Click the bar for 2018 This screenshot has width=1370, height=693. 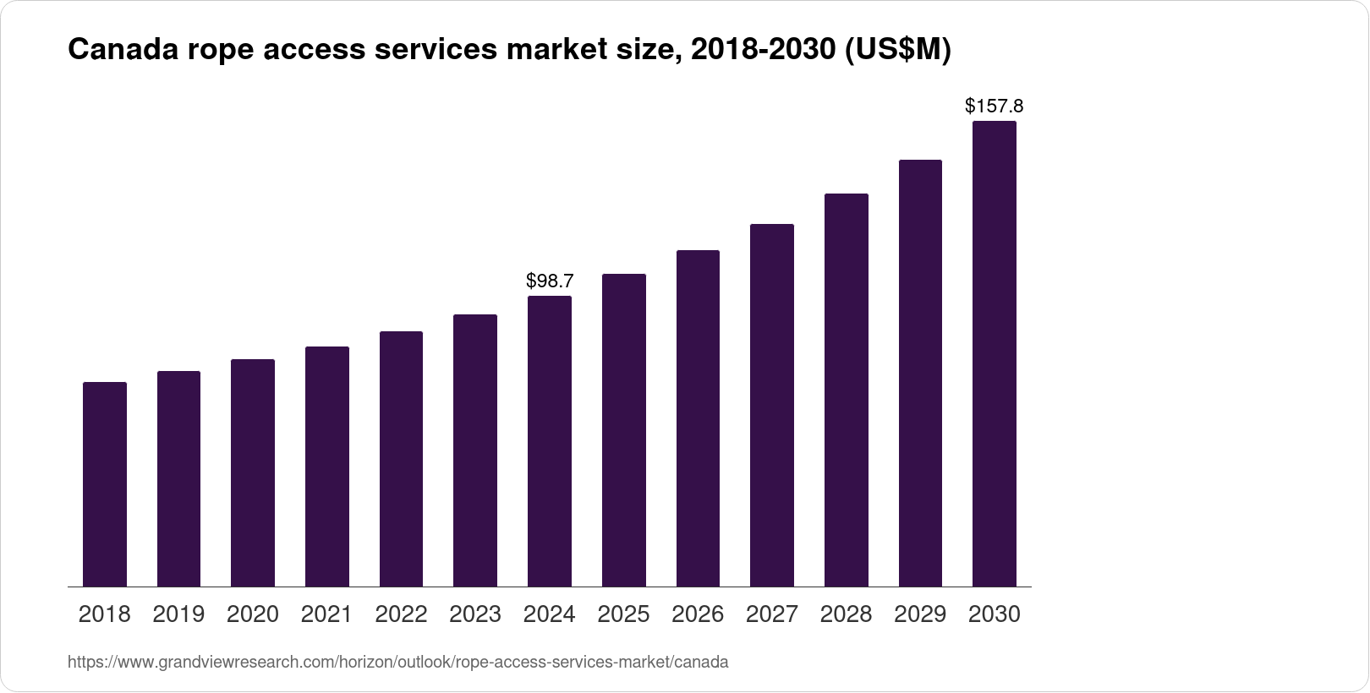pyautogui.click(x=105, y=484)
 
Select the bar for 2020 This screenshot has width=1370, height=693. pyautogui.click(x=253, y=473)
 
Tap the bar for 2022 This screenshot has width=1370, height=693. pyautogui.click(x=401, y=459)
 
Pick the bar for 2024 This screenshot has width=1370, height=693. pyautogui.click(x=550, y=441)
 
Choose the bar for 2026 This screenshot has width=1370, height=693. pyautogui.click(x=698, y=418)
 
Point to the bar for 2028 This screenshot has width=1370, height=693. pyautogui.click(x=846, y=390)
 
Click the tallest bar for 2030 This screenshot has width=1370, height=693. pyautogui.click(x=995, y=353)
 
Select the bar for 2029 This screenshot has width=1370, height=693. pyautogui.click(x=920, y=373)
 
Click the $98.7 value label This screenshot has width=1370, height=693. pyautogui.click(x=550, y=281)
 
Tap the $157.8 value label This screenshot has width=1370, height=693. pyautogui.click(x=995, y=106)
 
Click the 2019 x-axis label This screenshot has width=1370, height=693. pyautogui.click(x=178, y=614)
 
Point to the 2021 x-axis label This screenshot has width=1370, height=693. pyautogui.click(x=326, y=614)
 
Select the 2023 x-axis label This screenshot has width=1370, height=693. pyautogui.click(x=475, y=614)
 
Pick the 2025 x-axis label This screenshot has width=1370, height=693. pyautogui.click(x=623, y=614)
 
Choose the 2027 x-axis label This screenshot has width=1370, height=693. pyautogui.click(x=771, y=614)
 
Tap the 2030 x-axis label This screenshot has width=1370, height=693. pyautogui.click(x=995, y=614)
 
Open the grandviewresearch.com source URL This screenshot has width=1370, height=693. pyautogui.click(x=397, y=663)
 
